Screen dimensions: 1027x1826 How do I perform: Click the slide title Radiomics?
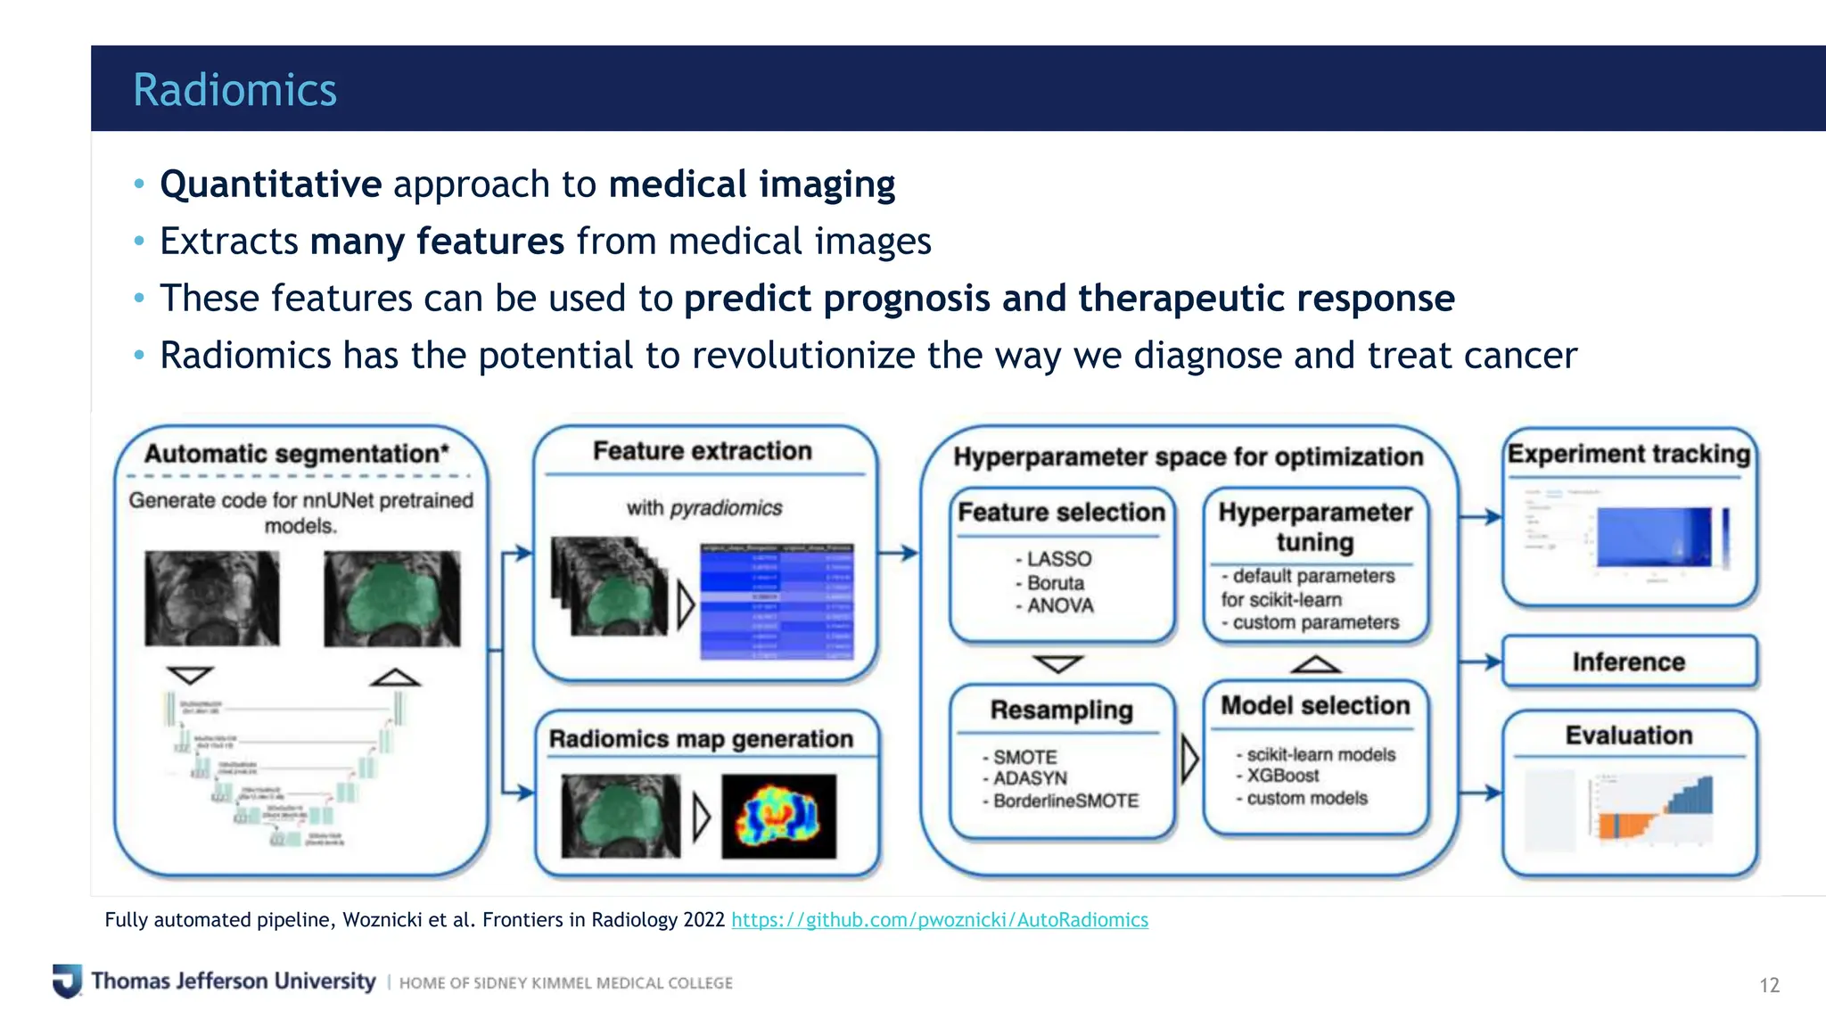point(234,90)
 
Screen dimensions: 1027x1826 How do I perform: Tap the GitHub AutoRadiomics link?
point(939,919)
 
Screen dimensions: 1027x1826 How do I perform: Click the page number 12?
point(1769,985)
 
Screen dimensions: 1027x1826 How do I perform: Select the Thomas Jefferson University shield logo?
point(67,981)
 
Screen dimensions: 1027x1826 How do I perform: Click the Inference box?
point(1628,661)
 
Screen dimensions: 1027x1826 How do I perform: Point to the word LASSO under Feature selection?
point(1058,559)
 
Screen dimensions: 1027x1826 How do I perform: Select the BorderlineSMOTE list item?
point(1065,801)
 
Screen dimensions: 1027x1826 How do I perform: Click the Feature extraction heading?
point(703,451)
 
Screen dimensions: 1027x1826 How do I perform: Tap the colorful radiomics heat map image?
point(778,816)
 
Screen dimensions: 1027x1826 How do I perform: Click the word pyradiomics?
point(726,508)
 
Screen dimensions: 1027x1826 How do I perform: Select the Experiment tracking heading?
point(1628,454)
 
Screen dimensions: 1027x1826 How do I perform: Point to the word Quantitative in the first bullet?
point(271,185)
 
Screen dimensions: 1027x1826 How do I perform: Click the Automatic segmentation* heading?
point(297,454)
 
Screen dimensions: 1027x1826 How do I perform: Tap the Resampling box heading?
point(1061,710)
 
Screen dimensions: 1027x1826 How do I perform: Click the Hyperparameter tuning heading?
point(1315,526)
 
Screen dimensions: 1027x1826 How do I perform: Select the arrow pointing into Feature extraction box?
point(518,554)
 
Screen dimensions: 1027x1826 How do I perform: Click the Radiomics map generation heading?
point(701,739)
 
